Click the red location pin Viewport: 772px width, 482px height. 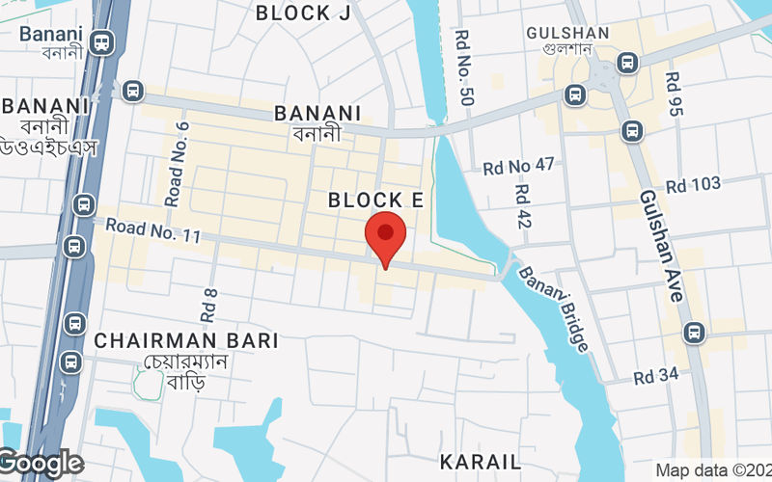(x=385, y=238)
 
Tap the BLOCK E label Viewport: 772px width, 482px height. (x=376, y=200)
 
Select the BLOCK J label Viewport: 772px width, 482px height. (x=303, y=12)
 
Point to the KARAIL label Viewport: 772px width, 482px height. (x=480, y=461)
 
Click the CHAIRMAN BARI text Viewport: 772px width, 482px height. (x=186, y=340)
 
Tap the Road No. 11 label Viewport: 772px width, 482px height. (x=152, y=229)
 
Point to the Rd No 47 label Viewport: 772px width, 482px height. (x=519, y=167)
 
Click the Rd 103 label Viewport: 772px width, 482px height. (x=693, y=184)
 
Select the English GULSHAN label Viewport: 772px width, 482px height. (x=567, y=33)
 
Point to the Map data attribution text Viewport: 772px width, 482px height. (x=712, y=470)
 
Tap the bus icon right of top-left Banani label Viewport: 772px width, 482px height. (x=101, y=41)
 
